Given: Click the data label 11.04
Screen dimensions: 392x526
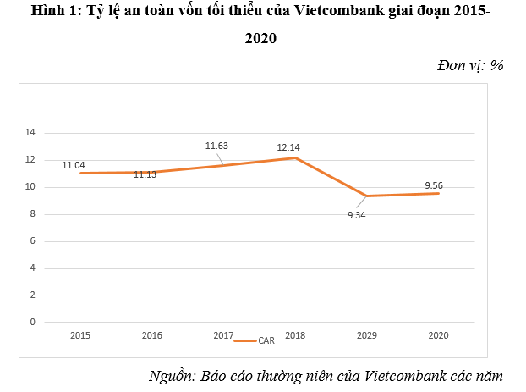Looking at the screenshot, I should tap(74, 165).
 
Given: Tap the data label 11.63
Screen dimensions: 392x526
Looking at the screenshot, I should tap(217, 146).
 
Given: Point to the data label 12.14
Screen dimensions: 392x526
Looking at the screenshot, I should tap(289, 148).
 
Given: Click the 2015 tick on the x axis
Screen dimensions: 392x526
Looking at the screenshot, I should tap(80, 336).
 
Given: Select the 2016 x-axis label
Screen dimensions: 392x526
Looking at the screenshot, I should tap(152, 336).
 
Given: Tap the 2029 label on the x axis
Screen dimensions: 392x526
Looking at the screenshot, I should tap(367, 336).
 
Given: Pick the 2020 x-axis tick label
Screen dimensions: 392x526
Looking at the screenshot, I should tap(438, 336).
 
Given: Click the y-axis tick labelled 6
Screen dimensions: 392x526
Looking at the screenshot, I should tap(32, 241).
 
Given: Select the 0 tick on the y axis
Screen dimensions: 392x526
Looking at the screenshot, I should tap(32, 322).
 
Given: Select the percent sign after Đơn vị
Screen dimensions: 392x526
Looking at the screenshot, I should tap(497, 65).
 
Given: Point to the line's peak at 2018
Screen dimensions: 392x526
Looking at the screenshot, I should tap(295, 158).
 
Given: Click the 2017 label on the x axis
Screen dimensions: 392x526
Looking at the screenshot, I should tap(223, 336).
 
